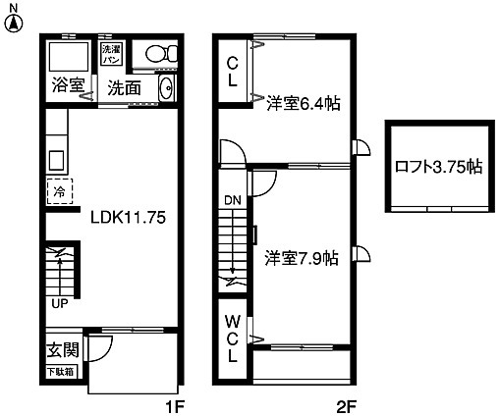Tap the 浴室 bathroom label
(x=68, y=85)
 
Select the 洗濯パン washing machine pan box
(x=111, y=53)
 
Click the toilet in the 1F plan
(x=156, y=55)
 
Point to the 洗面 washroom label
(x=125, y=88)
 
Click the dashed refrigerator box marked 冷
(x=58, y=190)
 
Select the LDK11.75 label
(x=125, y=218)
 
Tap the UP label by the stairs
(x=59, y=302)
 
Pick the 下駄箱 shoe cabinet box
(x=61, y=372)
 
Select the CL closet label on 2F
(x=233, y=74)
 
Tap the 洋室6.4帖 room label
(x=303, y=103)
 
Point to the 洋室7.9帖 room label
(x=302, y=259)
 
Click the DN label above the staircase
(x=232, y=201)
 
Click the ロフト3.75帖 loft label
(x=438, y=166)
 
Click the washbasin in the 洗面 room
(x=165, y=90)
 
